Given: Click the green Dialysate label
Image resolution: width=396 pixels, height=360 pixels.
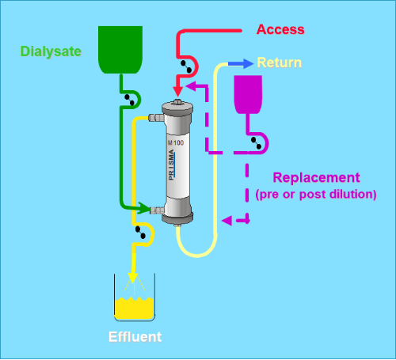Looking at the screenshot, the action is (51, 51).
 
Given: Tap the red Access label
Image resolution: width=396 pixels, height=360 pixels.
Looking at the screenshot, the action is (280, 29).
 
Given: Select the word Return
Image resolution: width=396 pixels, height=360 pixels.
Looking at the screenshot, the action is (280, 63).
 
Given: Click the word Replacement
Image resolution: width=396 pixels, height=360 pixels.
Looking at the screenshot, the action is (316, 177).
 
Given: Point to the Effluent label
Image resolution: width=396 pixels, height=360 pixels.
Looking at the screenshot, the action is (135, 337).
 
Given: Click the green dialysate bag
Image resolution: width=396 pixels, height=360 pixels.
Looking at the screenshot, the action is (120, 50).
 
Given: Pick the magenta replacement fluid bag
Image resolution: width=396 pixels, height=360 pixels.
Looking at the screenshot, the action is (248, 94).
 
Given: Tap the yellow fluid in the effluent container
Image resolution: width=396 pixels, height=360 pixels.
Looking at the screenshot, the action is (134, 308).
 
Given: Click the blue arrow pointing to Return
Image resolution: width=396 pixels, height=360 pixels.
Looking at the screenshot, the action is (241, 63).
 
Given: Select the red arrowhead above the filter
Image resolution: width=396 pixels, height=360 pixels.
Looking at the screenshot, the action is (178, 91).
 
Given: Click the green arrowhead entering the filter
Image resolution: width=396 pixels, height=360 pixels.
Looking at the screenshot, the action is (144, 208).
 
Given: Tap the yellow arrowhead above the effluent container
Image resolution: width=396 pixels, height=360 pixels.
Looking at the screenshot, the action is (133, 277).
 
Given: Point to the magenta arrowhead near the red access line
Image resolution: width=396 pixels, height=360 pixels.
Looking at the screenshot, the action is (191, 86).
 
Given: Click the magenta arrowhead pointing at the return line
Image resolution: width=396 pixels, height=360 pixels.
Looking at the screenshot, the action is (227, 221).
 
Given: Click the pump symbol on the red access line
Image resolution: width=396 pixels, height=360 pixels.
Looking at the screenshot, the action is (186, 66).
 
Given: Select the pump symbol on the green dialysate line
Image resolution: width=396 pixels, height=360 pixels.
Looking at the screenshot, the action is (129, 100).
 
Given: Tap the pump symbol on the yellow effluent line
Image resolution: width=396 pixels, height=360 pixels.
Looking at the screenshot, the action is (140, 233).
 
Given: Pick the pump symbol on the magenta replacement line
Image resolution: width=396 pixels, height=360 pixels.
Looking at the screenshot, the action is (256, 143).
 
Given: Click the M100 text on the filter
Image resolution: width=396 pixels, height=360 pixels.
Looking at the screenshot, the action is (176, 142).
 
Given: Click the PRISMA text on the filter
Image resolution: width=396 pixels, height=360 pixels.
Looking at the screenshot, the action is (171, 165).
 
